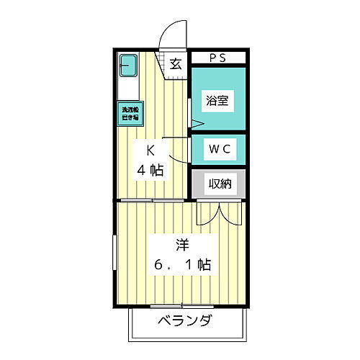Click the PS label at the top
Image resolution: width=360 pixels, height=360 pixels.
tap(217, 58)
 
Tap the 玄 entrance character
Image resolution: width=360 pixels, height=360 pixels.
tap(176, 63)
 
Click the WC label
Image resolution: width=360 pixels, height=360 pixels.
tap(218, 149)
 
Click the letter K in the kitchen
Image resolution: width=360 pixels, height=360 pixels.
tap(150, 151)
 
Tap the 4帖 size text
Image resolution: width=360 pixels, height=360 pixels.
tap(150, 171)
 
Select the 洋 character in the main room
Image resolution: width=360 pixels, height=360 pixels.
tap(181, 243)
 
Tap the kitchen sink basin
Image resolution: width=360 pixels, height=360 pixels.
tap(129, 66)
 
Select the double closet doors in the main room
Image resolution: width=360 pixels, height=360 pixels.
tap(218, 212)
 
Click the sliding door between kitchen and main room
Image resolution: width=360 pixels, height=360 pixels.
tap(153, 199)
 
